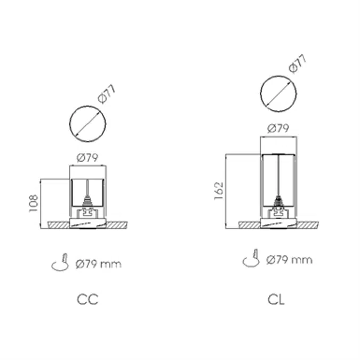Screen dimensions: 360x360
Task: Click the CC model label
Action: coord(87,299)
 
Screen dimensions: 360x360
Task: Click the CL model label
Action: coord(276,299)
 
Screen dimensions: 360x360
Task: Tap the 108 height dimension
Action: coord(34,203)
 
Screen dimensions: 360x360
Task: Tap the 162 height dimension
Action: coord(219,191)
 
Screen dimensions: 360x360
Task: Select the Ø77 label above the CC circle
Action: coord(106,94)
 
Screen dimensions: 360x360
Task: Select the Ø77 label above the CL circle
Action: coord(298,64)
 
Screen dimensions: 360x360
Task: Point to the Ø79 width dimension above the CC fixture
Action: coord(87,158)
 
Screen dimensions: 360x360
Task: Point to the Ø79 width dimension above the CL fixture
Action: coord(278,129)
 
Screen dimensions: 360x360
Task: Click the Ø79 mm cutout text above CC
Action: coord(98,264)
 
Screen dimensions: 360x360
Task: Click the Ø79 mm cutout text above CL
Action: coord(289,260)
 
